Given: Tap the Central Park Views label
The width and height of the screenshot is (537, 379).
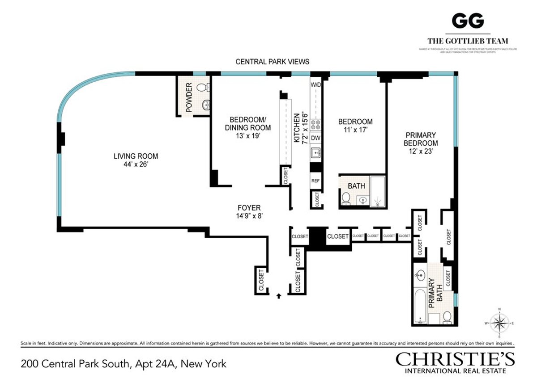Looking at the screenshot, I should click(x=273, y=62).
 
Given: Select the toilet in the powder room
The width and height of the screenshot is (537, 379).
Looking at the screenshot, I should click(x=203, y=87).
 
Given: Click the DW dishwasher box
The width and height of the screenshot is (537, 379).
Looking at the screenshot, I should click(x=316, y=138).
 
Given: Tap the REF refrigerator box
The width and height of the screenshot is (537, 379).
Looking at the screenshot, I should click(x=316, y=181).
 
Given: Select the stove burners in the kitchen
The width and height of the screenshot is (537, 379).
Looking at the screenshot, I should click(x=316, y=124).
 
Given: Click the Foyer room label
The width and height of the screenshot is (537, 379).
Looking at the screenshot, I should click(x=249, y=208).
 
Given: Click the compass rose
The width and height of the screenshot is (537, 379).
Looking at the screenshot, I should click(x=499, y=322).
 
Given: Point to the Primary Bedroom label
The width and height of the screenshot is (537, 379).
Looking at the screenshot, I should click(x=421, y=139).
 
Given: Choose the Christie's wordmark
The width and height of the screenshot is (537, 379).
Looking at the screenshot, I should click(x=455, y=359).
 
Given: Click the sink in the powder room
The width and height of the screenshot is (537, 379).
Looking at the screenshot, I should click(x=206, y=105).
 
